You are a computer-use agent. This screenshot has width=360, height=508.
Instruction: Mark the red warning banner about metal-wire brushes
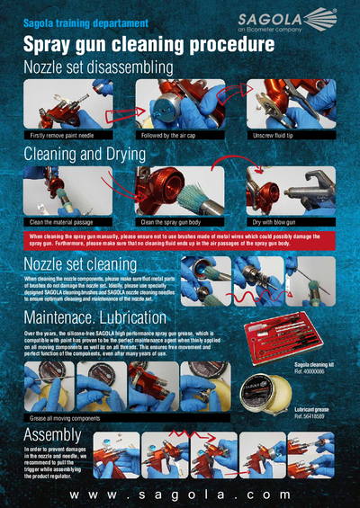(180, 240)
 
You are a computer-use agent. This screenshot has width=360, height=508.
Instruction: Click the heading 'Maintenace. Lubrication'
(107, 318)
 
